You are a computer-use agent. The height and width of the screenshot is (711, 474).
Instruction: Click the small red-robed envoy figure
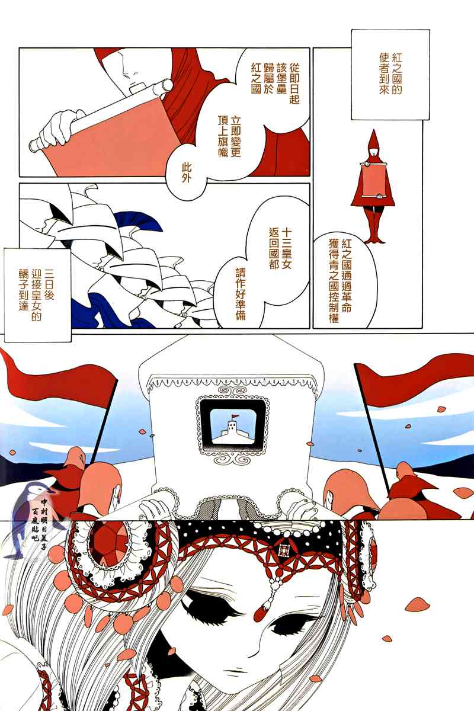tap(373, 187)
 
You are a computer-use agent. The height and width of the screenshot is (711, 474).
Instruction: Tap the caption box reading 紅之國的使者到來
tap(390, 75)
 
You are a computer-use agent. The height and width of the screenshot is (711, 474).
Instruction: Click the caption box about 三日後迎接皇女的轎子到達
tap(37, 295)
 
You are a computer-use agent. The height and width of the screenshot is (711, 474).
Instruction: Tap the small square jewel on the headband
tap(281, 551)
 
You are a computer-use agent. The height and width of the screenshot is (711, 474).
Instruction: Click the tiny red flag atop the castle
tap(234, 416)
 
